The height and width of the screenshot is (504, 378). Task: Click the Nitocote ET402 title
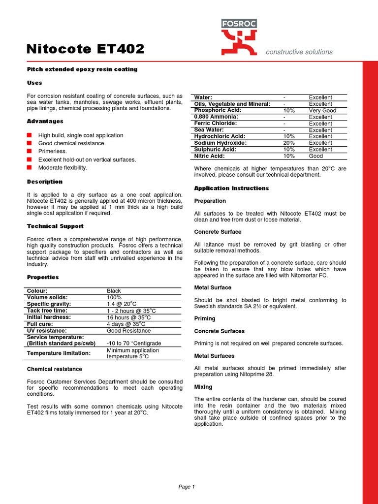(x=85, y=49)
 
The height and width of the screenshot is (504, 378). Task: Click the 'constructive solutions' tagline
(x=299, y=52)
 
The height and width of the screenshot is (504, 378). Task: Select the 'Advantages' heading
(x=45, y=121)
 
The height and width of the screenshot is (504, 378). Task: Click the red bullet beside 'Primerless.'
(x=30, y=151)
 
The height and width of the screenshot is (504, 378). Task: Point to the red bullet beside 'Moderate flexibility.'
(x=30, y=167)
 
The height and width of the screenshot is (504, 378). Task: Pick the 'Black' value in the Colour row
(x=114, y=291)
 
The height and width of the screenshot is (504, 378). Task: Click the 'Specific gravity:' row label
(x=50, y=304)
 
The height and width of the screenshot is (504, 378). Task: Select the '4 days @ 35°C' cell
(x=126, y=324)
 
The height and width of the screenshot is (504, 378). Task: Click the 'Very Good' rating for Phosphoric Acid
(x=322, y=111)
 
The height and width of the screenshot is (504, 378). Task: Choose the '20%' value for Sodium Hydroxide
(x=289, y=143)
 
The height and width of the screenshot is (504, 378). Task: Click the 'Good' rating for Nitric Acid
(x=316, y=156)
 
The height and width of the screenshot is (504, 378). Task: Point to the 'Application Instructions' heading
(x=231, y=189)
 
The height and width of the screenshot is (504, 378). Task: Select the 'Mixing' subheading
(x=203, y=387)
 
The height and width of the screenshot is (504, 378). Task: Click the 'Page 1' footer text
(x=187, y=487)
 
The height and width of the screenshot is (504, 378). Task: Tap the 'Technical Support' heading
(x=55, y=226)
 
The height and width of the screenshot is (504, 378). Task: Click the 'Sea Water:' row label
(x=209, y=130)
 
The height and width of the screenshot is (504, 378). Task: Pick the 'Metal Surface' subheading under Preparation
(x=213, y=287)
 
